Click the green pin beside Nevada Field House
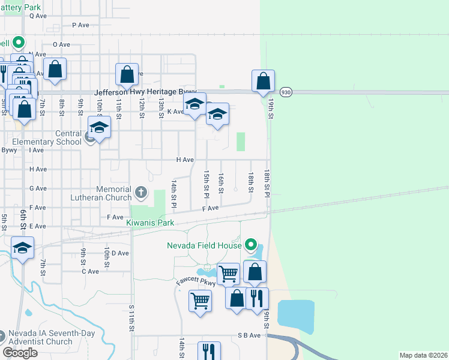click(x=252, y=245)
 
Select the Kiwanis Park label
click(x=150, y=223)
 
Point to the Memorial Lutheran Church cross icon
click(x=141, y=193)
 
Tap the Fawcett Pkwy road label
click(x=196, y=281)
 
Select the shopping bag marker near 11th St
click(x=127, y=76)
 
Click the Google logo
click(x=20, y=353)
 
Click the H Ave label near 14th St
click(x=184, y=160)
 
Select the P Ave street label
click(x=80, y=25)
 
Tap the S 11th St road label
click(x=131, y=317)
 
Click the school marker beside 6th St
click(x=23, y=248)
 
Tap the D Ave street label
click(x=120, y=253)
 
